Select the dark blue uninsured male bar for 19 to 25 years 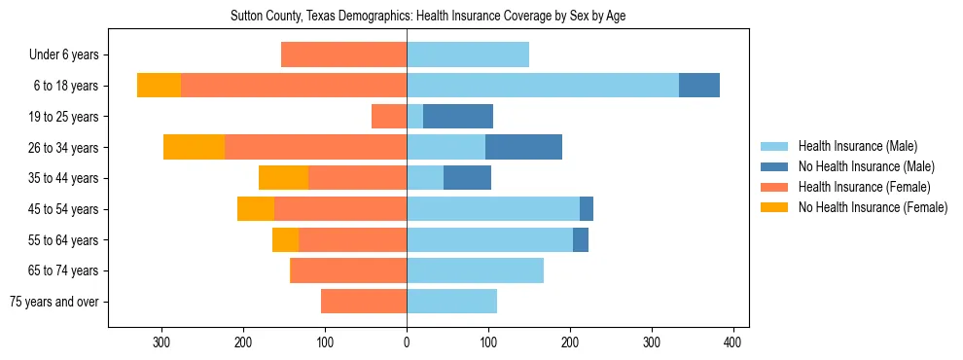(x=458, y=117)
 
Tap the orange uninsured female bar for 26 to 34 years (x=194, y=147)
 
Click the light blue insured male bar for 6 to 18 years (x=543, y=86)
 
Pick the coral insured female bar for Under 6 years (x=343, y=55)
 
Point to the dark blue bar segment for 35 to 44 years (x=467, y=178)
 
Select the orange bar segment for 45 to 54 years (x=256, y=209)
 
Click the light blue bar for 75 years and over (x=451, y=302)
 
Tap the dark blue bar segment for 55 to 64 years (x=581, y=240)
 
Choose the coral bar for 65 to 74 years (x=348, y=270)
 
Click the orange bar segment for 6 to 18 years (x=159, y=86)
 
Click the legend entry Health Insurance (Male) (x=857, y=146)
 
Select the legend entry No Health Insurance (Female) (x=873, y=207)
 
